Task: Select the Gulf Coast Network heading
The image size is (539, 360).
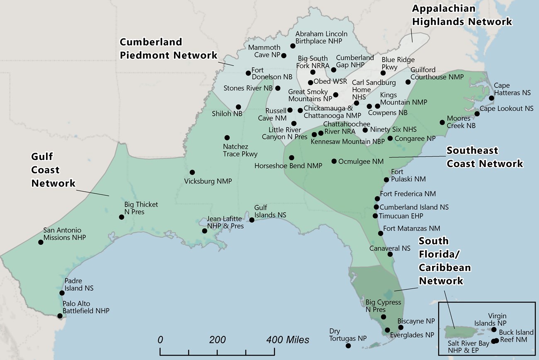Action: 53,170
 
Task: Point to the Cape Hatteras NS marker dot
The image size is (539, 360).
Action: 491,98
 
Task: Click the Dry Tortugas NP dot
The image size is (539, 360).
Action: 348,345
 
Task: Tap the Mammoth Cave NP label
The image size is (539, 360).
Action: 265,51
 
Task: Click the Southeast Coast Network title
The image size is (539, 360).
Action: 484,157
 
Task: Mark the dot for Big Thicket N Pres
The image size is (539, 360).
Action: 121,217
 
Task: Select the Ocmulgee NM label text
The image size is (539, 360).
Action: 361,161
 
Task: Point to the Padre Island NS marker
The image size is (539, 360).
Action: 62,292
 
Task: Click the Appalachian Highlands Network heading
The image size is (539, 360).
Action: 461,15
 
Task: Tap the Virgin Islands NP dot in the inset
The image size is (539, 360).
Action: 493,330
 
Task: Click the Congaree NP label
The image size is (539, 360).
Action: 415,138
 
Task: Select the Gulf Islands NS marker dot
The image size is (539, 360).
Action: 252,220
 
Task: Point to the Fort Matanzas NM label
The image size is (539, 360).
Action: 411,229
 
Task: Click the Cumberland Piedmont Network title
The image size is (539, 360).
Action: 168,49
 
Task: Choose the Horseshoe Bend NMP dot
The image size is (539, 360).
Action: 291,158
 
